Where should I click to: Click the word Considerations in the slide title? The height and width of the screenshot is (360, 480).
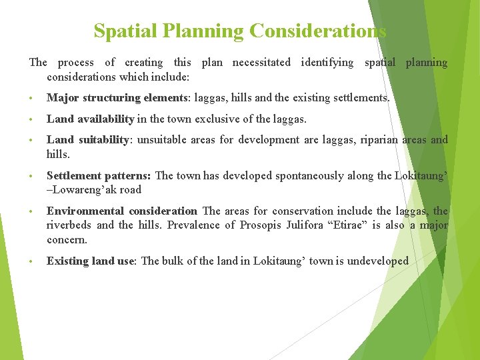[x=317, y=31]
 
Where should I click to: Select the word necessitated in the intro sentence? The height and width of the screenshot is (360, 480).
[x=261, y=63]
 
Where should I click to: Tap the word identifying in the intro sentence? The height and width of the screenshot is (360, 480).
[x=327, y=63]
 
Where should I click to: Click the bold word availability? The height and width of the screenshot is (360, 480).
[x=104, y=119]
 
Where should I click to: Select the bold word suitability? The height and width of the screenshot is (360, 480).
[x=102, y=140]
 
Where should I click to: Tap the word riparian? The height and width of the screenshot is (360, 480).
[x=371, y=140]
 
